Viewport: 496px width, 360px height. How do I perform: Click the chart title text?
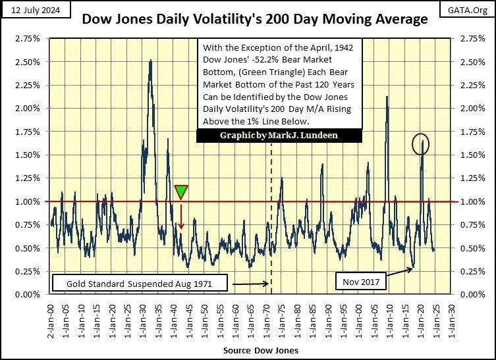(x=254, y=20)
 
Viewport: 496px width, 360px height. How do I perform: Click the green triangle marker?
(x=181, y=192)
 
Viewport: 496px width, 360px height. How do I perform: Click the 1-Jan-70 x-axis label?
(x=265, y=314)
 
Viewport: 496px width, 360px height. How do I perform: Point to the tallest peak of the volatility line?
(x=151, y=61)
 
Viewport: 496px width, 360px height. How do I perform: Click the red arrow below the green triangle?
(x=181, y=217)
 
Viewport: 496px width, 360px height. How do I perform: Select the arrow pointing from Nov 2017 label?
(x=398, y=273)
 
